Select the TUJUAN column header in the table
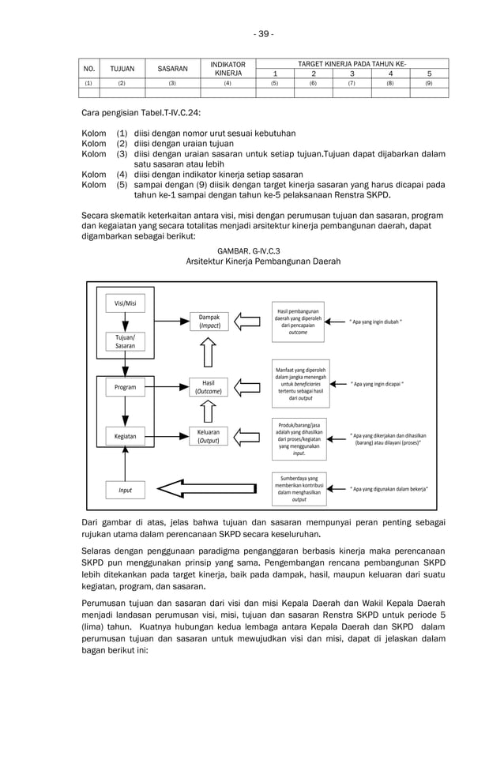[122, 69]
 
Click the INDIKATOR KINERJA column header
[228, 69]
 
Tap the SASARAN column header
[172, 69]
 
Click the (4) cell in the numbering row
[228, 82]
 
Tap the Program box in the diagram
[125, 387]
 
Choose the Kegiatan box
[125, 435]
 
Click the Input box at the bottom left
[125, 490]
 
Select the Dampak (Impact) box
[209, 321]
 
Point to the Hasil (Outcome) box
[209, 387]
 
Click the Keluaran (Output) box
[209, 436]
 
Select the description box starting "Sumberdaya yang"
[299, 488]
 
